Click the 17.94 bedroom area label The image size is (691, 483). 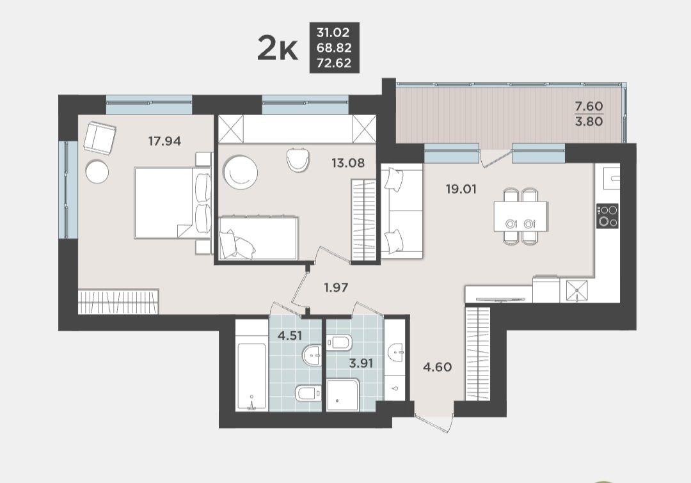click(x=164, y=141)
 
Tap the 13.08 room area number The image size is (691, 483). click(x=348, y=163)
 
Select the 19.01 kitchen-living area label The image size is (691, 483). click(x=461, y=189)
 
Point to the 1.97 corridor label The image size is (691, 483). click(x=337, y=288)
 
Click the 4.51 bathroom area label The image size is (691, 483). click(x=290, y=336)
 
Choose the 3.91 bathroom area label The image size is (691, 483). click(x=361, y=363)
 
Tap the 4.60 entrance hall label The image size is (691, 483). click(x=437, y=367)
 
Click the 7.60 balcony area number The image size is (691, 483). click(x=589, y=106)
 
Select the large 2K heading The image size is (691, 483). click(x=278, y=49)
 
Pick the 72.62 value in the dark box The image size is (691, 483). click(x=334, y=63)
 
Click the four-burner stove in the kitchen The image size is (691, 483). click(x=607, y=216)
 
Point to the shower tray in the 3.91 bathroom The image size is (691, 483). click(x=344, y=395)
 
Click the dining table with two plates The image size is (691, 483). click(x=521, y=216)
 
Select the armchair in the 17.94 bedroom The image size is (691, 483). click(x=100, y=138)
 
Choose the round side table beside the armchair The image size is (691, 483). click(x=97, y=171)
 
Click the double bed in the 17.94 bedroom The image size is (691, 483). click(x=173, y=203)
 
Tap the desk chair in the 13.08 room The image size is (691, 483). click(x=298, y=159)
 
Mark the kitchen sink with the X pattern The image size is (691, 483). click(x=577, y=290)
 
